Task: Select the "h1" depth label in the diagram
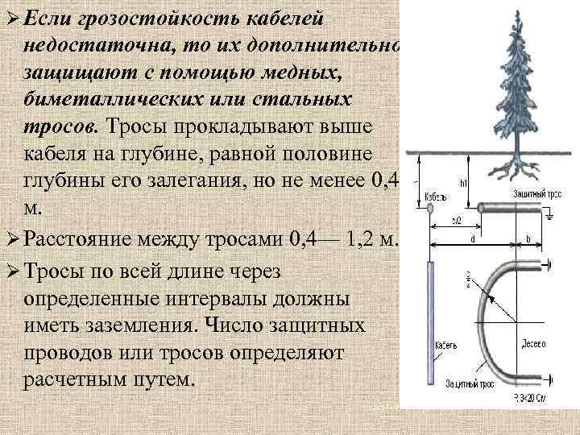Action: pyautogui.click(x=464, y=184)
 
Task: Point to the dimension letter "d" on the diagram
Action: pyautogui.click(x=471, y=238)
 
